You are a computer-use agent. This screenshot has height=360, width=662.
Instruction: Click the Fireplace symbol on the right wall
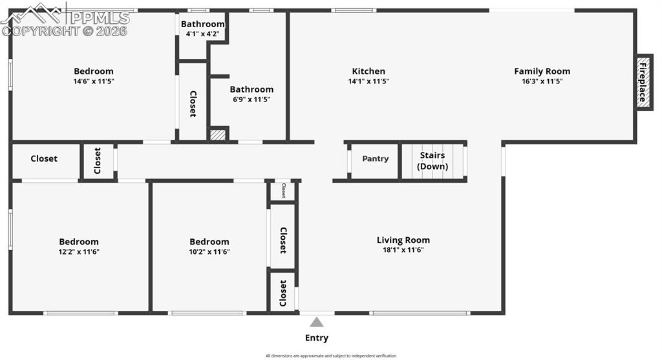643,81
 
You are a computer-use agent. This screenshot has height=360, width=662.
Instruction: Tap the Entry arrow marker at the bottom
316,322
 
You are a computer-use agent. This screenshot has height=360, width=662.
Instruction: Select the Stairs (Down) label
432,161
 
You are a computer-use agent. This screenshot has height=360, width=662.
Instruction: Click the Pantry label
375,158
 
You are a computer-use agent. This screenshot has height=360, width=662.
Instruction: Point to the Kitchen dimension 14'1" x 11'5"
368,81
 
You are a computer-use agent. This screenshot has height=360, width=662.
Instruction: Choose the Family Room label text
542,71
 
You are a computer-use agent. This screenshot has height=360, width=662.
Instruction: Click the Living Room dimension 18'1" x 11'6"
403,250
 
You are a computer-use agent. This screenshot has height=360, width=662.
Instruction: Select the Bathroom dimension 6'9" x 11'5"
251,100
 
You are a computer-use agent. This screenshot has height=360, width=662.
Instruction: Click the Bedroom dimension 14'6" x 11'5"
94,81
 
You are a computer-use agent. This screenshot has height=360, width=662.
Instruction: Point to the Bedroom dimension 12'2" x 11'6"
79,252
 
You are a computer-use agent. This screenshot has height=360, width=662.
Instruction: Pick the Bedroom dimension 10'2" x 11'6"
209,252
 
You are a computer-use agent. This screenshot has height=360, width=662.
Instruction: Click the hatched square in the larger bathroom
219,134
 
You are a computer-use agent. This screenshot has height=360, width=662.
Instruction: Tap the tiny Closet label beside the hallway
283,191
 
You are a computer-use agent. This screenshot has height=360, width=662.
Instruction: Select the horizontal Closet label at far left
44,158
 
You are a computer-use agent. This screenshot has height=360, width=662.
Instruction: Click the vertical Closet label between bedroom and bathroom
193,103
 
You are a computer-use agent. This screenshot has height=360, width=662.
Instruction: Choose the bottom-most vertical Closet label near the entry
283,293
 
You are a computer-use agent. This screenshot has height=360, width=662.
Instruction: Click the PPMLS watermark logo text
97,17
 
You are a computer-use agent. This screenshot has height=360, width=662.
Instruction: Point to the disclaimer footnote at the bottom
330,355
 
